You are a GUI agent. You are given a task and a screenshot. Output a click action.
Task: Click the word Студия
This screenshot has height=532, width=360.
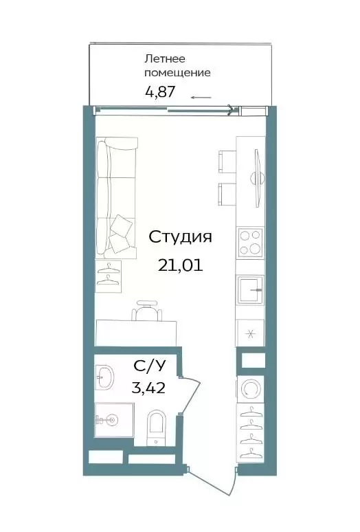180,237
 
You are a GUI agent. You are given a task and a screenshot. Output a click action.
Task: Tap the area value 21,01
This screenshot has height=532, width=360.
180,265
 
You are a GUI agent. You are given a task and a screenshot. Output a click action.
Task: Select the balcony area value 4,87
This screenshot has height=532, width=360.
160,91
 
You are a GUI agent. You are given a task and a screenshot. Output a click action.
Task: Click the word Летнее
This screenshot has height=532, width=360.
165,58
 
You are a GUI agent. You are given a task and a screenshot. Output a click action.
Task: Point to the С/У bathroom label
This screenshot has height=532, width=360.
150,366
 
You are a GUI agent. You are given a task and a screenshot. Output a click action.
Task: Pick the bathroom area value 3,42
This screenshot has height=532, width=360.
148,388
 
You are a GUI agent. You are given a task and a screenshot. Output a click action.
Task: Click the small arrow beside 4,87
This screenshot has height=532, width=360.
201,98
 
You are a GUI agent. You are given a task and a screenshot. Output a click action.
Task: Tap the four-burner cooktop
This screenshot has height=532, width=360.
251,242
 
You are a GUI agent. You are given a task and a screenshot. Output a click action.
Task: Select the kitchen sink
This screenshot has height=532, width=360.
251,290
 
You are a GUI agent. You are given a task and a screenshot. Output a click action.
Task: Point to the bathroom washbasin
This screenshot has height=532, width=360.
104,377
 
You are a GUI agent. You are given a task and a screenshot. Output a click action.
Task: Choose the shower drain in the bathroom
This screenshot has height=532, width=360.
112,421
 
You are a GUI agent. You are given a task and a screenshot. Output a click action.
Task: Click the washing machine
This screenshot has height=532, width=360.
251,388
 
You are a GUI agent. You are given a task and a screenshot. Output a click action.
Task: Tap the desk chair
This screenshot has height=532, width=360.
147,311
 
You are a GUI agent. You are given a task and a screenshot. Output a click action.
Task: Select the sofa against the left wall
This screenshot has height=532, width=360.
116,197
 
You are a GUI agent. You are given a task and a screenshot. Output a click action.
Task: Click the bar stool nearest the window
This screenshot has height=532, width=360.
227,162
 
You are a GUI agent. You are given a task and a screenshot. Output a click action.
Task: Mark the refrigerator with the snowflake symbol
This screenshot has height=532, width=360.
250,333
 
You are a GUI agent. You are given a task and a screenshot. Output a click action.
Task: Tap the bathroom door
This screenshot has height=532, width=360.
190,395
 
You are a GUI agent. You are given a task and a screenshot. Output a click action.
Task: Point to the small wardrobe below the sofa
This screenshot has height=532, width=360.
108,276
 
